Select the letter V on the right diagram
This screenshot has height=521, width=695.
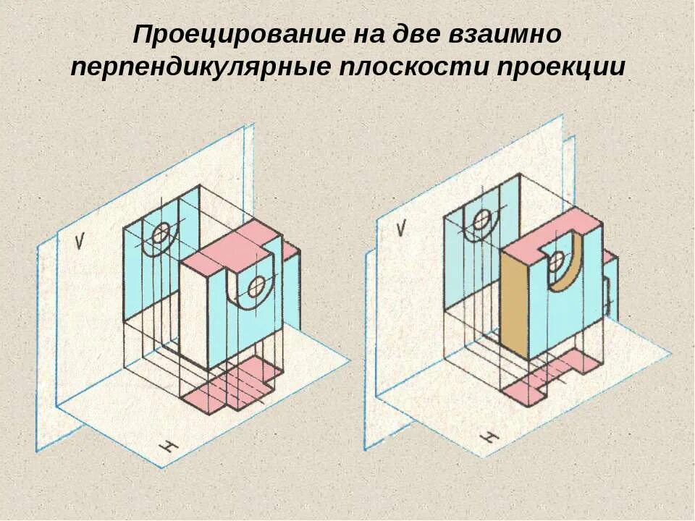400,229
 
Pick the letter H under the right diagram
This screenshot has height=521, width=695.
490,437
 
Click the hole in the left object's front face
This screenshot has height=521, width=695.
256,287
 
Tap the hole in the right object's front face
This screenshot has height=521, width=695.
557,261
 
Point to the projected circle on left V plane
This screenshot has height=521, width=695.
161,233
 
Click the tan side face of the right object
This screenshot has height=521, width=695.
513,305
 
